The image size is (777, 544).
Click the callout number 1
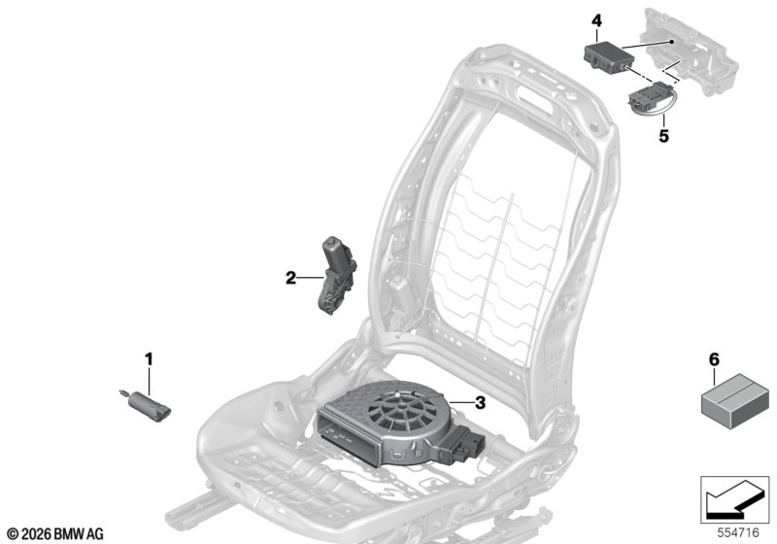149,359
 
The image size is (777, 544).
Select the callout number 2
290,278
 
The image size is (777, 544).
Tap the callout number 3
480,403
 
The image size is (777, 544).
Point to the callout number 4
596,20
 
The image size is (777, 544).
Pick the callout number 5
663,135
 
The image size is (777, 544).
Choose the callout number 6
714,359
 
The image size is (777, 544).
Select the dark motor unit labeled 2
336,275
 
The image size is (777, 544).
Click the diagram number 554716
738,533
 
